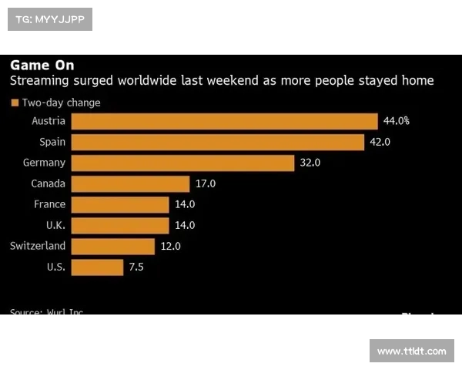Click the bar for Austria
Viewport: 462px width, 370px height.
(224, 121)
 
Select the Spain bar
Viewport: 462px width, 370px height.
(217, 142)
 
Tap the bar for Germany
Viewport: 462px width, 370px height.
(182, 163)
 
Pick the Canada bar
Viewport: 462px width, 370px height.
(130, 183)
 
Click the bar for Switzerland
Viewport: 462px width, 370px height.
(112, 246)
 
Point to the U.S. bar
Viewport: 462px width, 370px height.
(97, 267)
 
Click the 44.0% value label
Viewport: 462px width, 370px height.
(396, 121)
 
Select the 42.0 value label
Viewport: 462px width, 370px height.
(380, 142)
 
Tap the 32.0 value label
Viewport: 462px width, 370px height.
(310, 163)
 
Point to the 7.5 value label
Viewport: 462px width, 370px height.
(136, 267)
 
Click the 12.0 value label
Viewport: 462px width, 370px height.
(170, 246)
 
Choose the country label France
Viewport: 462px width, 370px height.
(49, 204)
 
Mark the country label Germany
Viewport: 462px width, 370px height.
(44, 163)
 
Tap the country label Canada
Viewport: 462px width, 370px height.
(48, 183)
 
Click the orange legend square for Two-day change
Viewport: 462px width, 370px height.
(14, 103)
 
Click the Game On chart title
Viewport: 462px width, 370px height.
(42, 65)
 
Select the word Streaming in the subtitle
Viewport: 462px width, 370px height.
(37, 81)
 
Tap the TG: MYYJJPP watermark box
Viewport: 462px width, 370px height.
(49, 19)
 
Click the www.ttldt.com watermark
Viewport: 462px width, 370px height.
(412, 351)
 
